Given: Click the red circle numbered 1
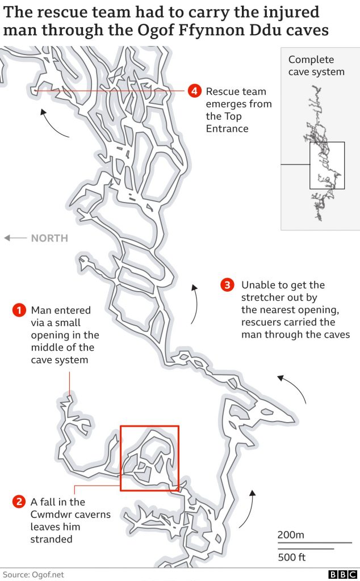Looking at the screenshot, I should (19, 310).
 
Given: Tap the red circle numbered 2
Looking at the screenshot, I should (19, 502).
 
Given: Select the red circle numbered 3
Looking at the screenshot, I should (227, 285).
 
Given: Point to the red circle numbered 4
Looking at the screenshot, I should (195, 91).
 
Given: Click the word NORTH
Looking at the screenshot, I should (49, 238).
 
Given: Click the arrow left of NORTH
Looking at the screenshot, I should (15, 238).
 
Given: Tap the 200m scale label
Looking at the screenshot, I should (291, 534).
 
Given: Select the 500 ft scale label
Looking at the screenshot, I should (292, 557).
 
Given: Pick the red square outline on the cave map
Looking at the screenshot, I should (149, 458).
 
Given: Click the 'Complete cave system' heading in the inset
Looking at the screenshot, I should (316, 66).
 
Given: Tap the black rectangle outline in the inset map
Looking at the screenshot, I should (327, 165).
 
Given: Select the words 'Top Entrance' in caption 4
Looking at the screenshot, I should (227, 123).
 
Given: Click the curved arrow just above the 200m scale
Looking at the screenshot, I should (246, 507).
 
